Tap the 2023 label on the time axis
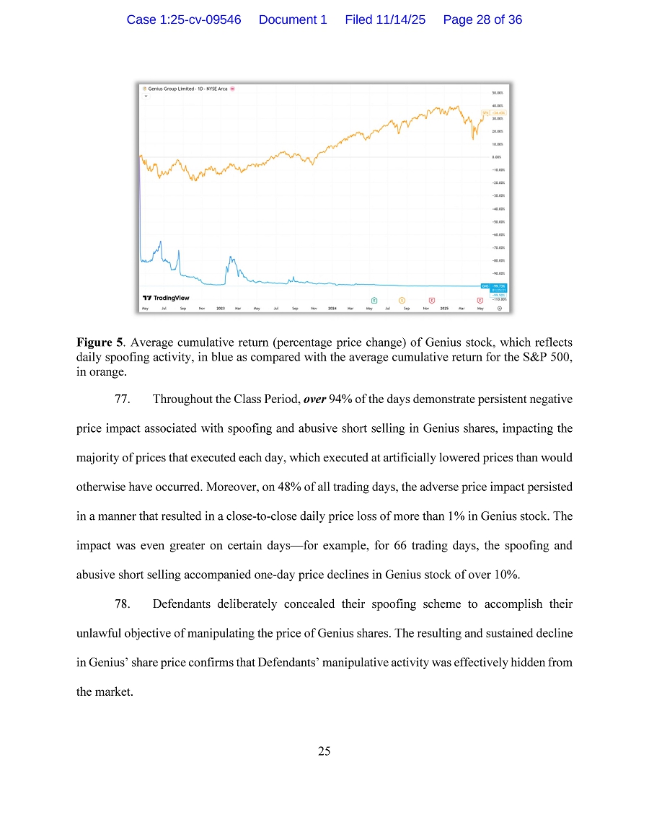[x=221, y=308]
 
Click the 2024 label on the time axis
[x=332, y=308]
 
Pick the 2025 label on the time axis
[x=444, y=308]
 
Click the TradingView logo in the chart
[x=166, y=297]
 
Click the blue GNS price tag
[x=496, y=286]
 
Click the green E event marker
[x=374, y=299]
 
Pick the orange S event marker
[x=402, y=299]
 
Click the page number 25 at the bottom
[x=324, y=751]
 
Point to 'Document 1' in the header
[x=293, y=20]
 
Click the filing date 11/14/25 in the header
[x=397, y=20]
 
